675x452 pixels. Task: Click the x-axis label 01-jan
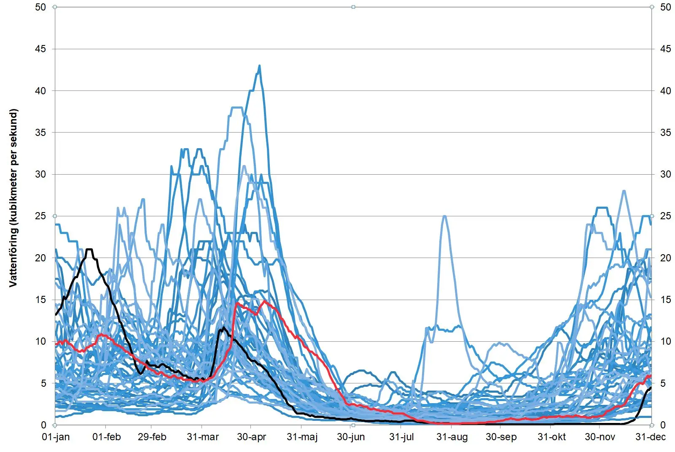click(56, 437)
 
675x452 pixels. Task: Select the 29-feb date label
click(152, 437)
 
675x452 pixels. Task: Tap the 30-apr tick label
click(252, 437)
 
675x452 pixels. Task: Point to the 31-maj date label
click(302, 437)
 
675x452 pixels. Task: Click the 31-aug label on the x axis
click(452, 437)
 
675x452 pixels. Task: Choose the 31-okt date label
click(551, 437)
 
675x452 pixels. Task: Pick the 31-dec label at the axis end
click(651, 437)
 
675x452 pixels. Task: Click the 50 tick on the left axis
click(40, 7)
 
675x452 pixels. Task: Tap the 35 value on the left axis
click(40, 133)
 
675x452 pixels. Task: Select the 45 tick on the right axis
click(665, 49)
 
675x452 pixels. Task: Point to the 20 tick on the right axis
click(665, 258)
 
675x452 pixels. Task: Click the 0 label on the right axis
click(663, 425)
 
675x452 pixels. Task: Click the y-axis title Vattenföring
click(13, 198)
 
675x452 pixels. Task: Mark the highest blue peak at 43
click(259, 66)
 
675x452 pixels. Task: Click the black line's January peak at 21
click(89, 250)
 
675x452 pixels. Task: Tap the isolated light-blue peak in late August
click(444, 216)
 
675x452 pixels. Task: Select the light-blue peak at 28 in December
click(624, 191)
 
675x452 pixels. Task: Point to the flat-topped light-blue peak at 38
click(237, 108)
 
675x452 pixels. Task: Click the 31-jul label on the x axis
click(401, 437)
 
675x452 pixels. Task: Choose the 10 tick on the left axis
click(40, 341)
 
